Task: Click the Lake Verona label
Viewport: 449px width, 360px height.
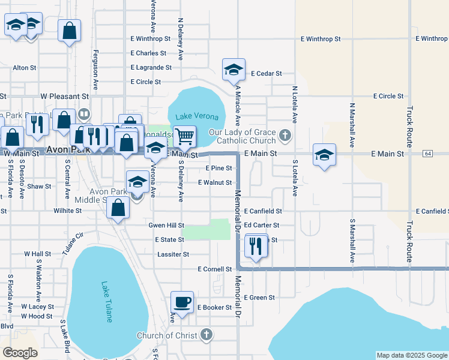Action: [x=192, y=116]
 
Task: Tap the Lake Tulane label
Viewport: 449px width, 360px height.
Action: [x=106, y=302]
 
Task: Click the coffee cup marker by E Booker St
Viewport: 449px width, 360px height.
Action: [x=182, y=302]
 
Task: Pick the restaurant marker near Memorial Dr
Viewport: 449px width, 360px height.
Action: [x=256, y=245]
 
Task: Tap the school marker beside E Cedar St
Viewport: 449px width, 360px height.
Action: [x=234, y=70]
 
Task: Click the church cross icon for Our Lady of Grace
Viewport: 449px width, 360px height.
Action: [x=285, y=136]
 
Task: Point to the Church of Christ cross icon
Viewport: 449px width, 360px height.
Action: [x=206, y=334]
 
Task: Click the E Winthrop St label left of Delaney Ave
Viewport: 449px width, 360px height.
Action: [x=150, y=38]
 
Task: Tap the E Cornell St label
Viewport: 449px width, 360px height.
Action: [x=214, y=269]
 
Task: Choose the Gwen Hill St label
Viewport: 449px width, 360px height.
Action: [x=166, y=225]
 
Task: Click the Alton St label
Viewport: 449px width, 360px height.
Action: [x=25, y=68]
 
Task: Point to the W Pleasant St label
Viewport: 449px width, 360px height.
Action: [x=64, y=96]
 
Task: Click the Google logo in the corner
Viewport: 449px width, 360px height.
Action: [x=20, y=353]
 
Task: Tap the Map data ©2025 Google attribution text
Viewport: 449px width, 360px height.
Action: [x=411, y=355]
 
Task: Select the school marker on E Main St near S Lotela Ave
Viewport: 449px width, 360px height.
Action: [x=324, y=155]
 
